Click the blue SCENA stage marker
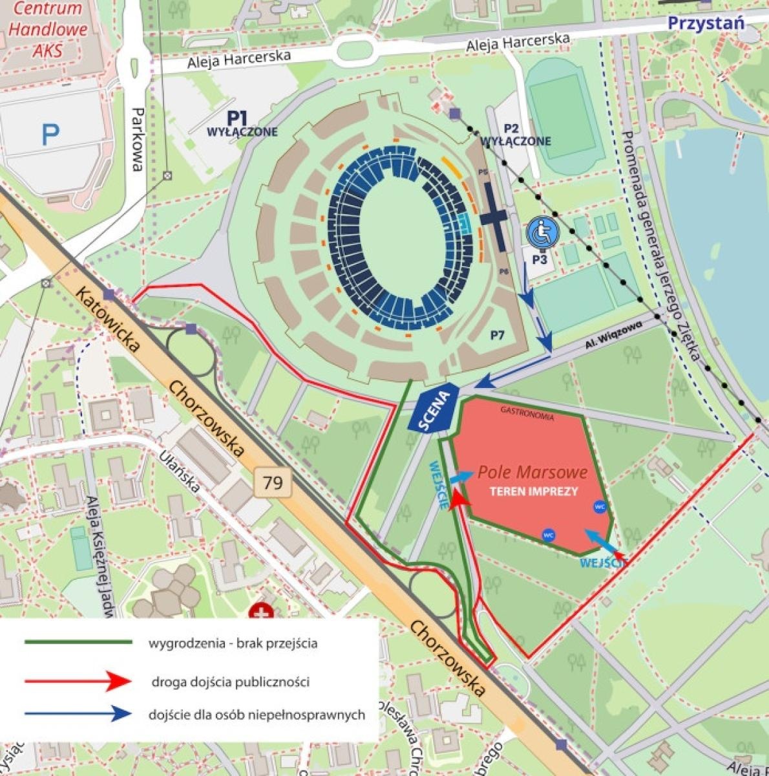[x=434, y=408]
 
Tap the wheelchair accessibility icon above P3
[x=542, y=233]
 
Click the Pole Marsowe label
[x=532, y=472]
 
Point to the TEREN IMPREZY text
[x=533, y=491]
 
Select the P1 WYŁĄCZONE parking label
[x=241, y=124]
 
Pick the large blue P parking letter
[x=50, y=135]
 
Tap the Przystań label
[x=706, y=23]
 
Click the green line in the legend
[x=78, y=642]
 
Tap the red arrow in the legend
[x=78, y=680]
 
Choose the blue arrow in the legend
[x=78, y=714]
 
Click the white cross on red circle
[x=262, y=612]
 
